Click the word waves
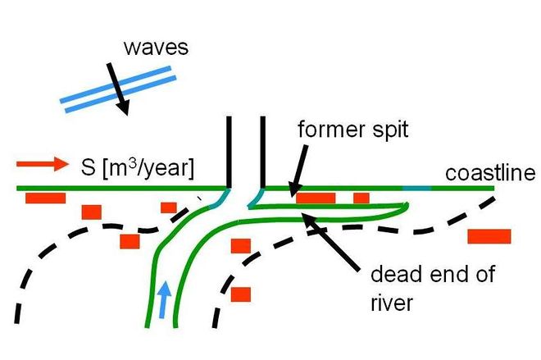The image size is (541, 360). [x=157, y=48]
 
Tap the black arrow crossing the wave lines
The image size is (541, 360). [x=117, y=89]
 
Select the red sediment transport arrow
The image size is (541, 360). [x=43, y=164]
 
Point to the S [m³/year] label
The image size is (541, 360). [x=138, y=168]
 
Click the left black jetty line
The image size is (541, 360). [x=229, y=152]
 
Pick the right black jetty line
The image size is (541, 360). [x=263, y=152]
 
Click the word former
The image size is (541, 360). [x=326, y=130]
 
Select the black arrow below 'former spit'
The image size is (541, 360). [x=298, y=171]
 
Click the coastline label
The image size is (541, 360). [x=490, y=173]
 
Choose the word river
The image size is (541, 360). [x=392, y=303]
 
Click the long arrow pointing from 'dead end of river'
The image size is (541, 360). [x=330, y=242]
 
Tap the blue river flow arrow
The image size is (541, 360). [x=164, y=299]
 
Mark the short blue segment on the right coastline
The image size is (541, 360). [x=416, y=189]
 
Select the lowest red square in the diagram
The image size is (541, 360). [x=241, y=294]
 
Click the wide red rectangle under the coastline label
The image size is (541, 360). [x=489, y=236]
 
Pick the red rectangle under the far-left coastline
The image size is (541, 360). [x=46, y=198]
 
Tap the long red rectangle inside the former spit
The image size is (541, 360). [x=316, y=198]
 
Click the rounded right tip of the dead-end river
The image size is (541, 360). [x=407, y=207]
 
